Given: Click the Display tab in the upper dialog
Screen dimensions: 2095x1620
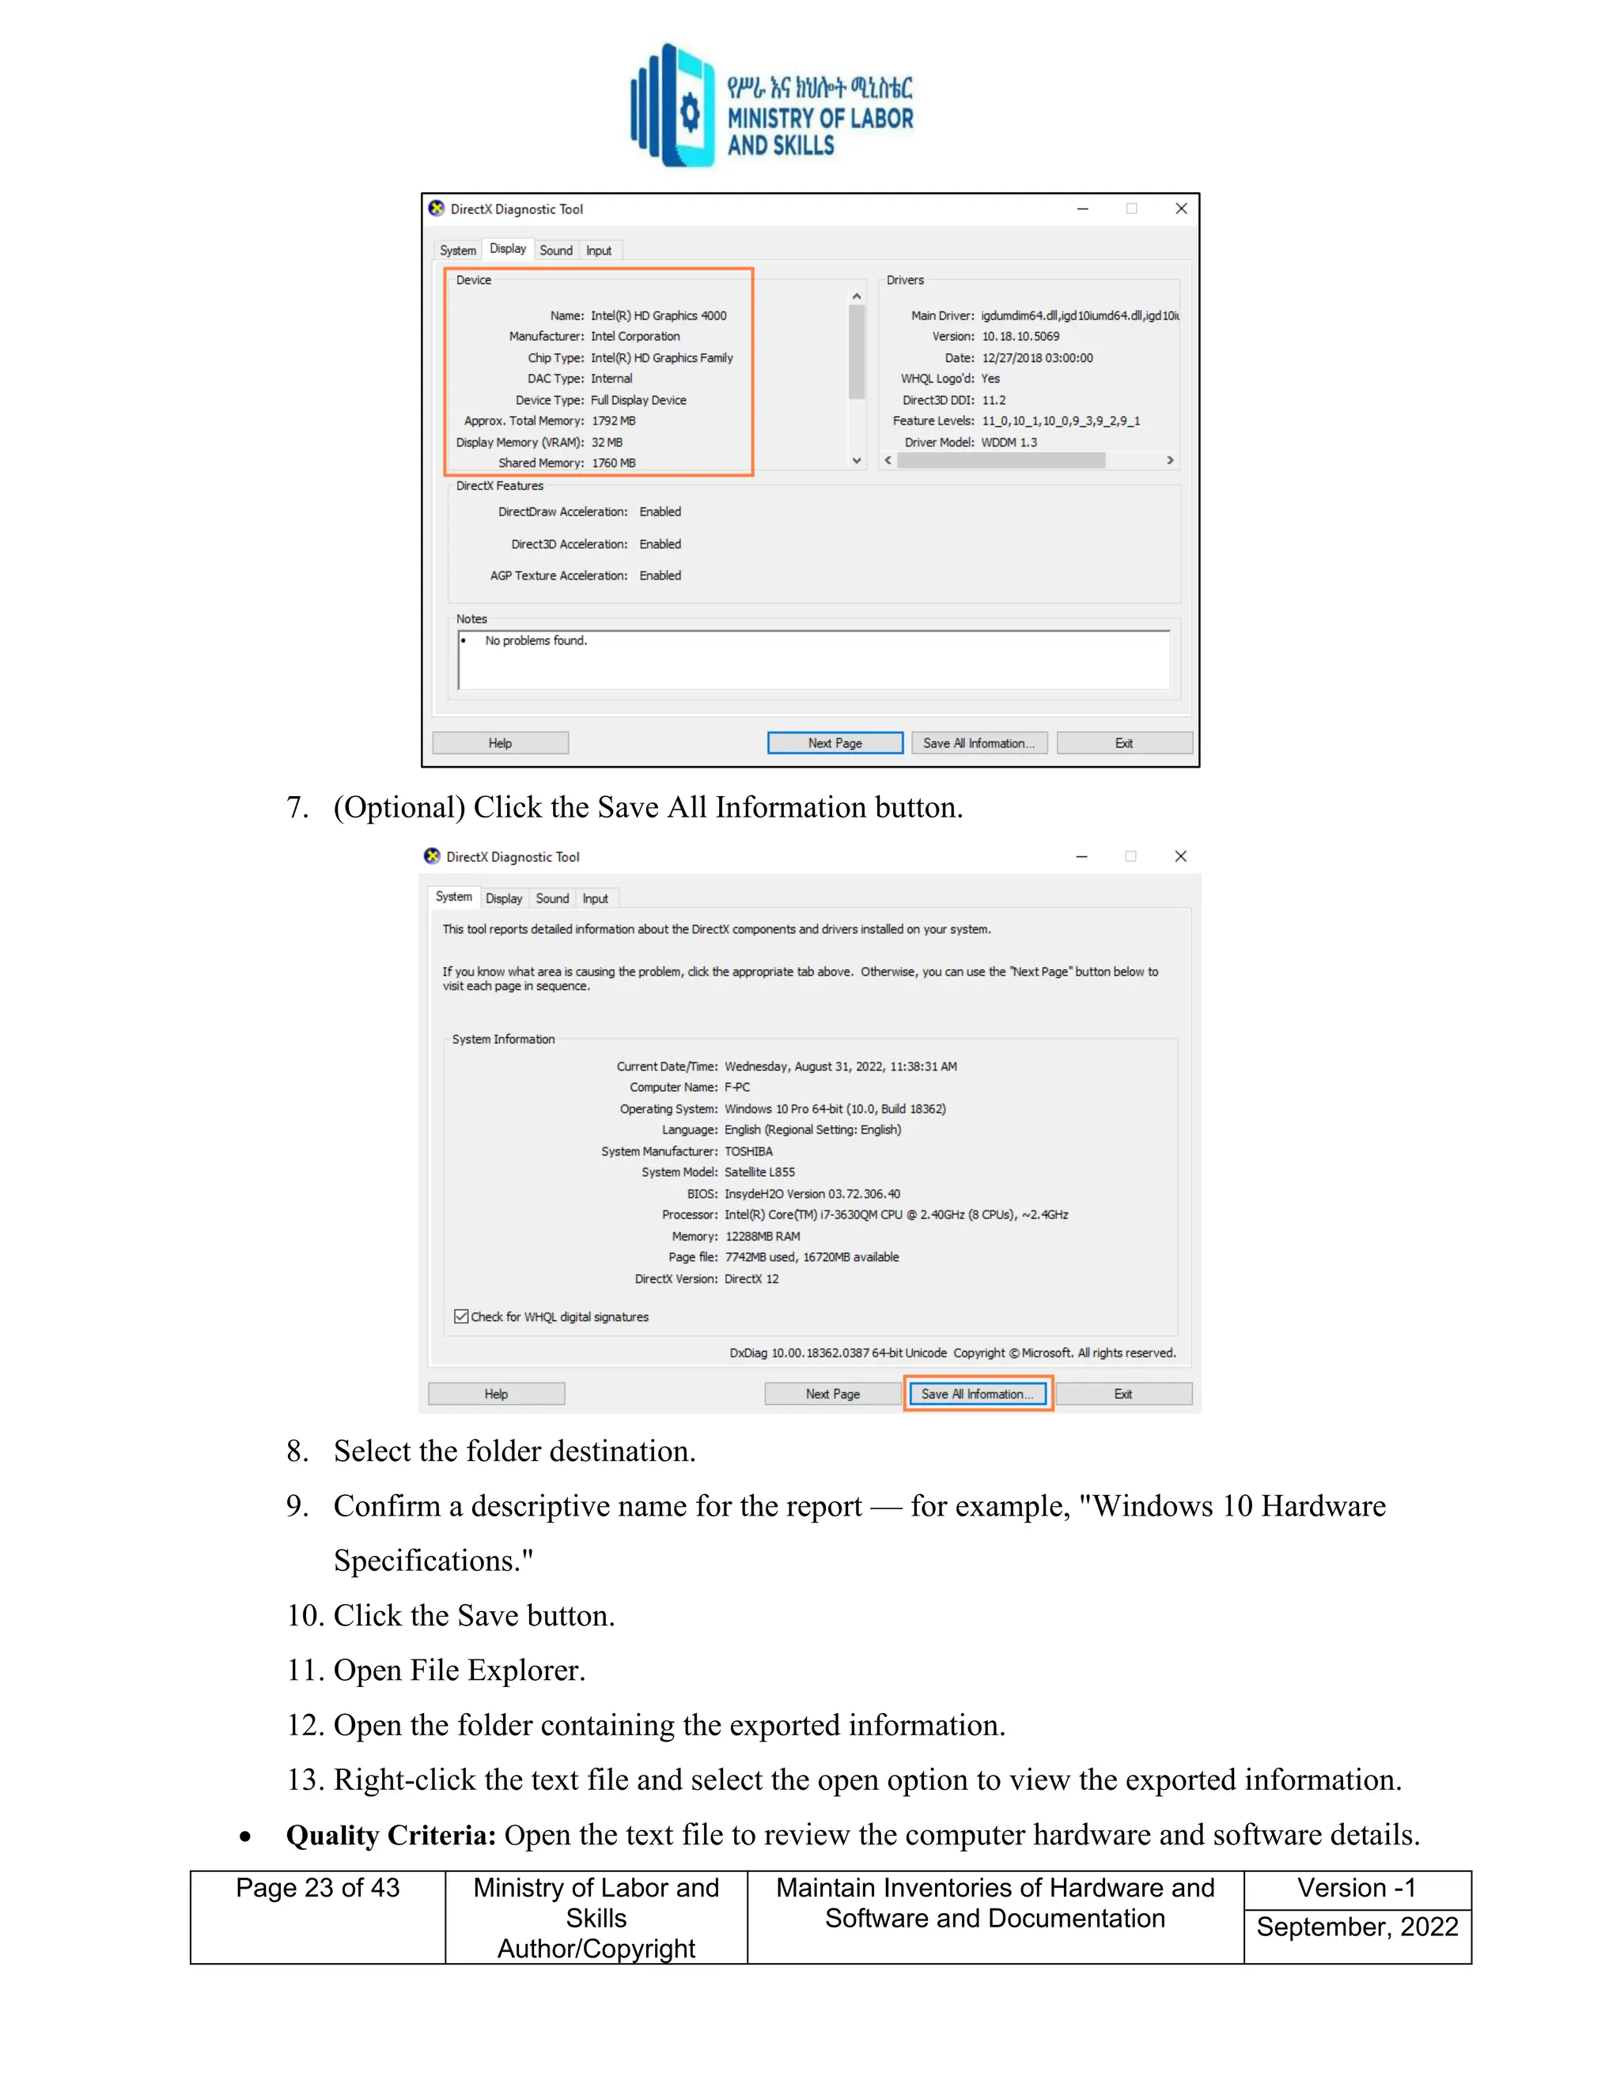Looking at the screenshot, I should pos(508,248).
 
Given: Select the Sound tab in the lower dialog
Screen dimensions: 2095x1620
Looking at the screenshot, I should pos(552,899).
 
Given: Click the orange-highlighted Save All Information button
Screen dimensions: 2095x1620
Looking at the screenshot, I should pos(977,1394).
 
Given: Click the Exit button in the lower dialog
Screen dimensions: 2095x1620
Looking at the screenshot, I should pos(1123,1394).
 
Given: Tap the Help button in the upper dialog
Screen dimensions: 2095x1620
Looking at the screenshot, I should pos(500,743).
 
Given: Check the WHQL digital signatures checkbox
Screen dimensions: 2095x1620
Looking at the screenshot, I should pos(462,1316).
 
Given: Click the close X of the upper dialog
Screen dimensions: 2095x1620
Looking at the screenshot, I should pos(1182,208).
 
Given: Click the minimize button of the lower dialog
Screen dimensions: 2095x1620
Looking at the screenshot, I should pos(1081,857).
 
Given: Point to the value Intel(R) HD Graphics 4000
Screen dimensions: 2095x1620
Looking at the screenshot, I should pos(658,315).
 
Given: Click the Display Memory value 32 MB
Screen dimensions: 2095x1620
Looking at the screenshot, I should pos(607,442).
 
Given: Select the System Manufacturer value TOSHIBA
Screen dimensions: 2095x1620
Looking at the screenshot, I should pos(748,1151).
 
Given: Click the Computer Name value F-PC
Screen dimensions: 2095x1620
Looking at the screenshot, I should pos(737,1087).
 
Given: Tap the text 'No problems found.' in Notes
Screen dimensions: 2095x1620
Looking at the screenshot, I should pos(536,641).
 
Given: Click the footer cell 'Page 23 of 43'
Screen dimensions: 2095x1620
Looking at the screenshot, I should pos(318,1888).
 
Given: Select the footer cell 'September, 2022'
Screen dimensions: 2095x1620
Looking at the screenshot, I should pos(1357,1927).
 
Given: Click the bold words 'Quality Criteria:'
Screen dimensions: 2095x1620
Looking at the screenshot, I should pos(391,1835).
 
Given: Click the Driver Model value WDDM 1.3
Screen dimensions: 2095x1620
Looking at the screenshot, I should pos(1009,442).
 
